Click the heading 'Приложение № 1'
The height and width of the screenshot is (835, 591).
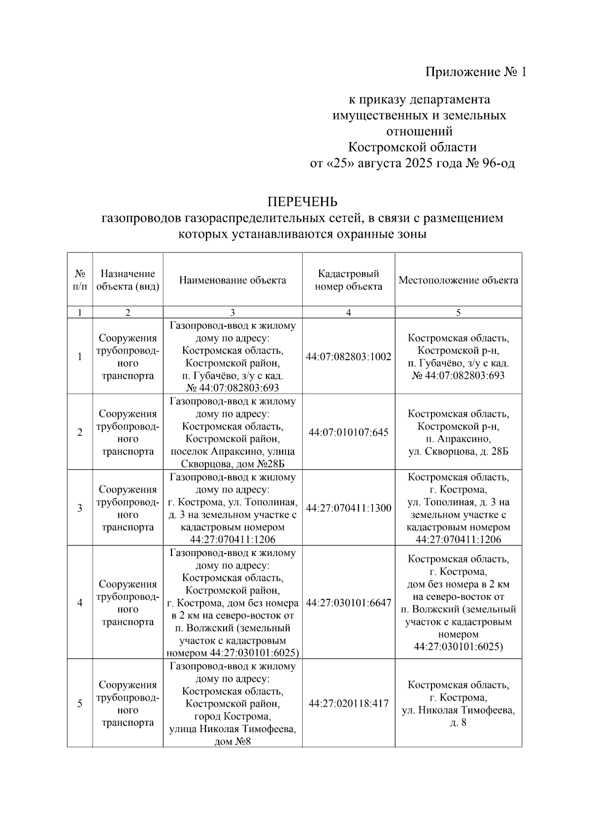476,72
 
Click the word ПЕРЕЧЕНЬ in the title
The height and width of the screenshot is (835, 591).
302,202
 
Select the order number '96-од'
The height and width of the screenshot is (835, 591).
498,163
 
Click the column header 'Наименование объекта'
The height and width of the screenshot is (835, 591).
232,280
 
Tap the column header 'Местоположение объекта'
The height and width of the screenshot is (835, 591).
458,280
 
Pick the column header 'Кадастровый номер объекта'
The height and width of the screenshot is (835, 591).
349,280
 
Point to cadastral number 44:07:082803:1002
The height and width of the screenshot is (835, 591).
349,357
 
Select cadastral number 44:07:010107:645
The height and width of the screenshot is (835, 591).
349,433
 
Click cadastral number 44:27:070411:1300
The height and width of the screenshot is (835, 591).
349,508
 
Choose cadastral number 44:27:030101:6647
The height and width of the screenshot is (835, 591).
349,603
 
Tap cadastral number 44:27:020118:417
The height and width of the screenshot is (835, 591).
349,704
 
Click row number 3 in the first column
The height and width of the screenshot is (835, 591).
80,508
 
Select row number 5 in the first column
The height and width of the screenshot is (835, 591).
80,704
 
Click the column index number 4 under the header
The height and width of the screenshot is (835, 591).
349,312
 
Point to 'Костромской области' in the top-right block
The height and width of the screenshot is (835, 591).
412,147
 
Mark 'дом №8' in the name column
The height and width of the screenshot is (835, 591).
232,742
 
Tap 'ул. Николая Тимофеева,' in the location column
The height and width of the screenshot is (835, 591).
458,711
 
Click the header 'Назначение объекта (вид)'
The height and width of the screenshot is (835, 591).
128,280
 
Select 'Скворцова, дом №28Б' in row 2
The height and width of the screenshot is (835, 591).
232,464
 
